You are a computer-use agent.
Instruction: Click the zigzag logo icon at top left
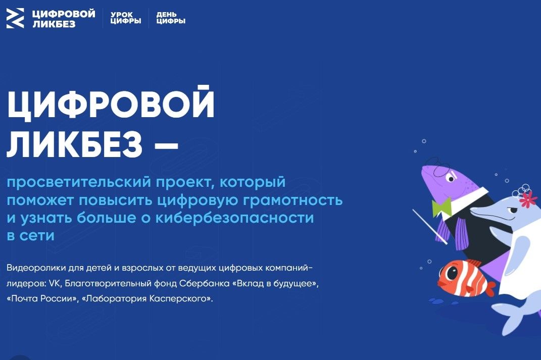(x=15, y=18)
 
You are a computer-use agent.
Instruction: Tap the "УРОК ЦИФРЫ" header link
(x=126, y=18)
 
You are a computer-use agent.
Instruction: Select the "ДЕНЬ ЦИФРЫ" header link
(x=171, y=18)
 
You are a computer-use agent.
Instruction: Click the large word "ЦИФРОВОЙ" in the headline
(x=111, y=104)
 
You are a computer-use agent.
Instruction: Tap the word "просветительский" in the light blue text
(x=79, y=182)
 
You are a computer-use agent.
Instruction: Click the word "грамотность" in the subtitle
(x=293, y=200)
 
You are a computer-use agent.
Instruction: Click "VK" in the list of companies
(x=55, y=283)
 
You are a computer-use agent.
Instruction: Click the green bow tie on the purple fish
(x=441, y=207)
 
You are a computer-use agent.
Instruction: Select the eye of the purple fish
(x=451, y=178)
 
